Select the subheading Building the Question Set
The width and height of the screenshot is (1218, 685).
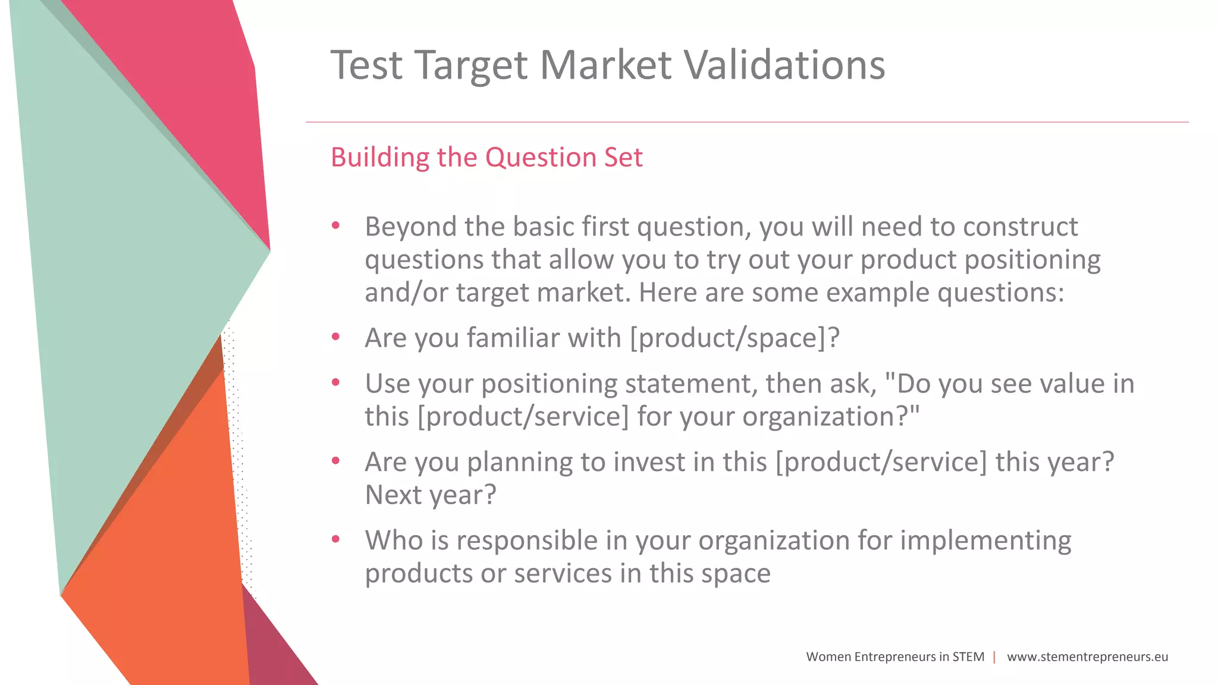[486, 158]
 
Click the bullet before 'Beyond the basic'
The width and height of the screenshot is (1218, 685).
[335, 226]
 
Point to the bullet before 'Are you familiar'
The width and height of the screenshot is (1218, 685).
[335, 337]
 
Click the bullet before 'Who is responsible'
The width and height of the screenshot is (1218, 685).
[335, 539]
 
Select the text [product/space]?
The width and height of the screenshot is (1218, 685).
[734, 338]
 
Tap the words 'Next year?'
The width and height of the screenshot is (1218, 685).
[430, 495]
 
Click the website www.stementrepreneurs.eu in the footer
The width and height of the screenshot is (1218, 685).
[1087, 657]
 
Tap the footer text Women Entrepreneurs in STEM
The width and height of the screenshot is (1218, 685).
[895, 657]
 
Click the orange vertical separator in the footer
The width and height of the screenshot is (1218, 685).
[994, 657]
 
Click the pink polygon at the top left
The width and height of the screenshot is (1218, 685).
[196, 89]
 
